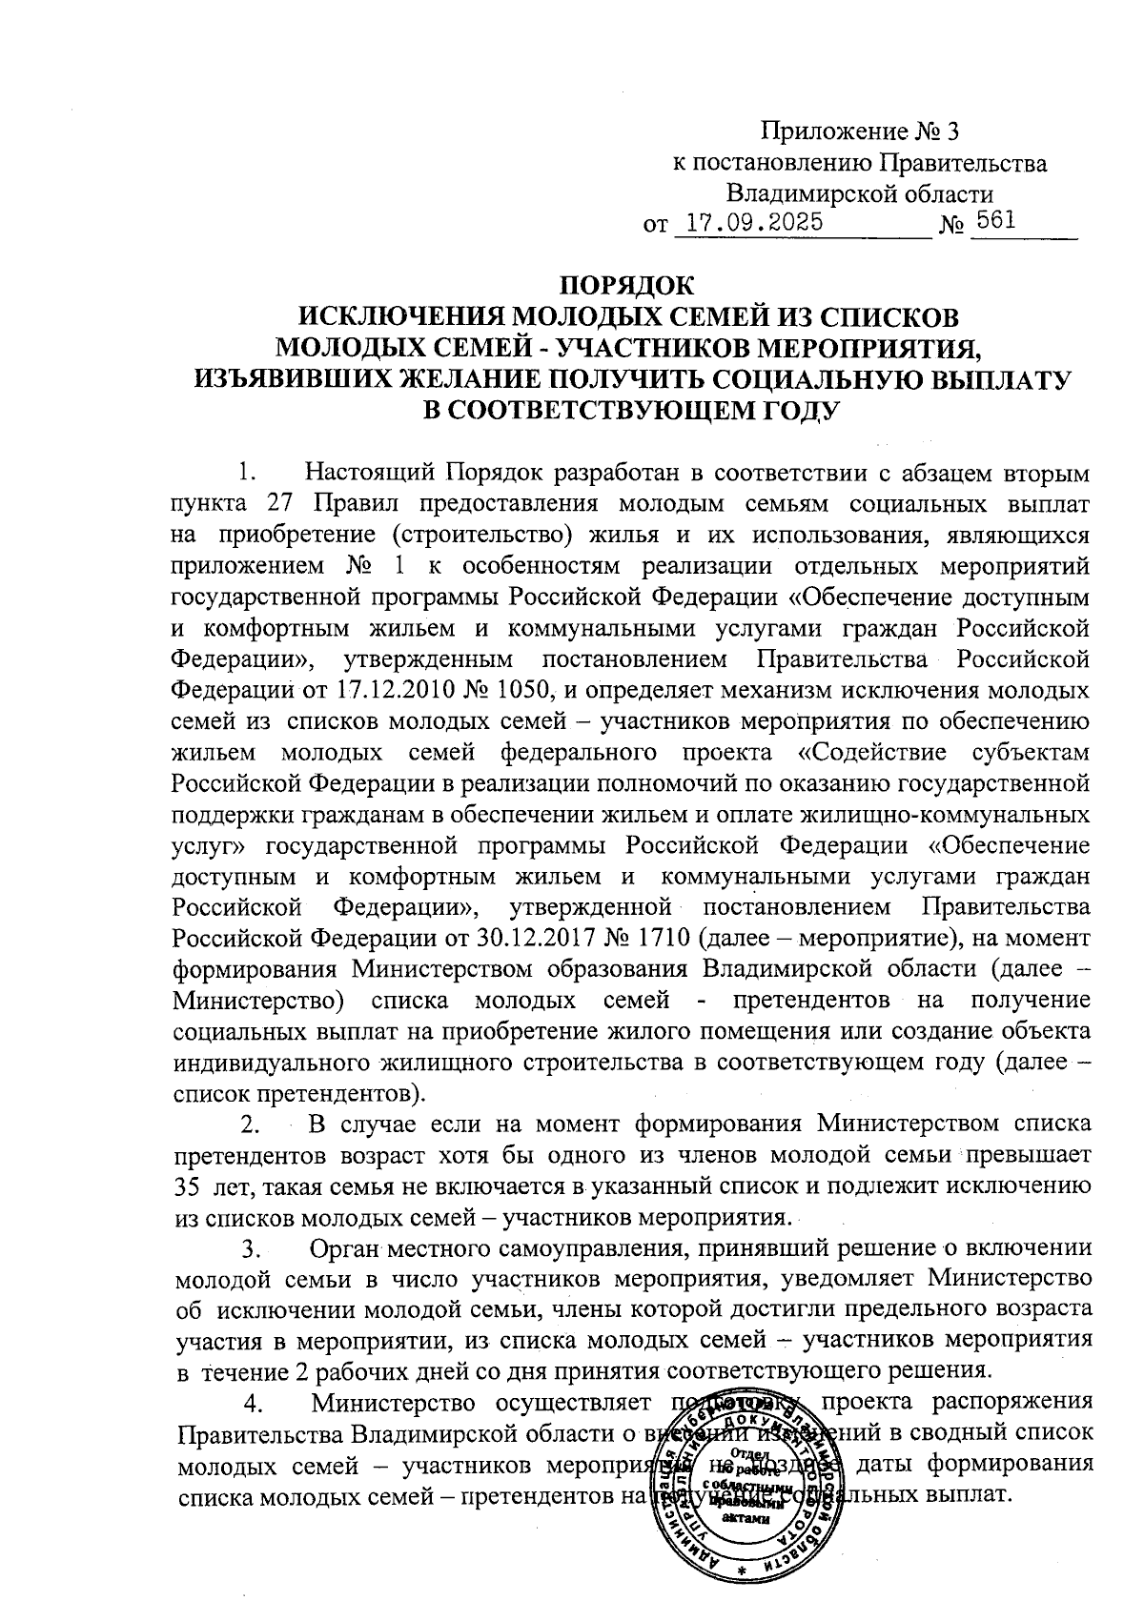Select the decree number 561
(x=991, y=222)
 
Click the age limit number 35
(x=190, y=1186)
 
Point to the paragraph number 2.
(x=250, y=1125)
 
